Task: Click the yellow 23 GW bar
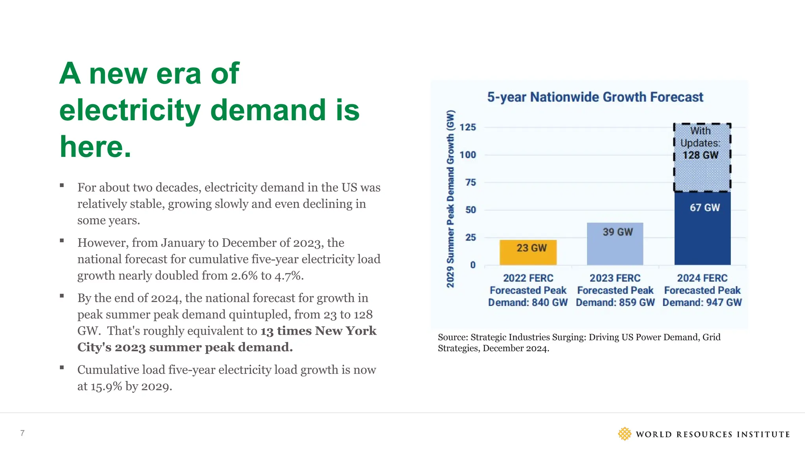point(528,252)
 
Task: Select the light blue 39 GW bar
point(615,244)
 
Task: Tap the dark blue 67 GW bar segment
point(702,228)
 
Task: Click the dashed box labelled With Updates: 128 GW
point(702,157)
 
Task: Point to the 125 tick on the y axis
point(468,127)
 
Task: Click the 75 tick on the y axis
point(471,182)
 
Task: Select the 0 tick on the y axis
point(473,265)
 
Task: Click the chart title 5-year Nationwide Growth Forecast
point(595,97)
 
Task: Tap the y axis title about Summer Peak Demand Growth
point(450,199)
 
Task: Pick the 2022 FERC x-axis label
point(528,278)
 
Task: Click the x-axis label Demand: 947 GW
point(702,302)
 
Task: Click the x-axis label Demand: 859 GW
point(615,302)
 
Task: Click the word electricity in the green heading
point(130,110)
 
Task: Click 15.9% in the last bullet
point(106,387)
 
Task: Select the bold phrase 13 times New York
point(318,331)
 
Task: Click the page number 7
point(22,433)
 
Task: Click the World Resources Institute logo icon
point(624,434)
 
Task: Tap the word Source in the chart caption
point(452,337)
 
